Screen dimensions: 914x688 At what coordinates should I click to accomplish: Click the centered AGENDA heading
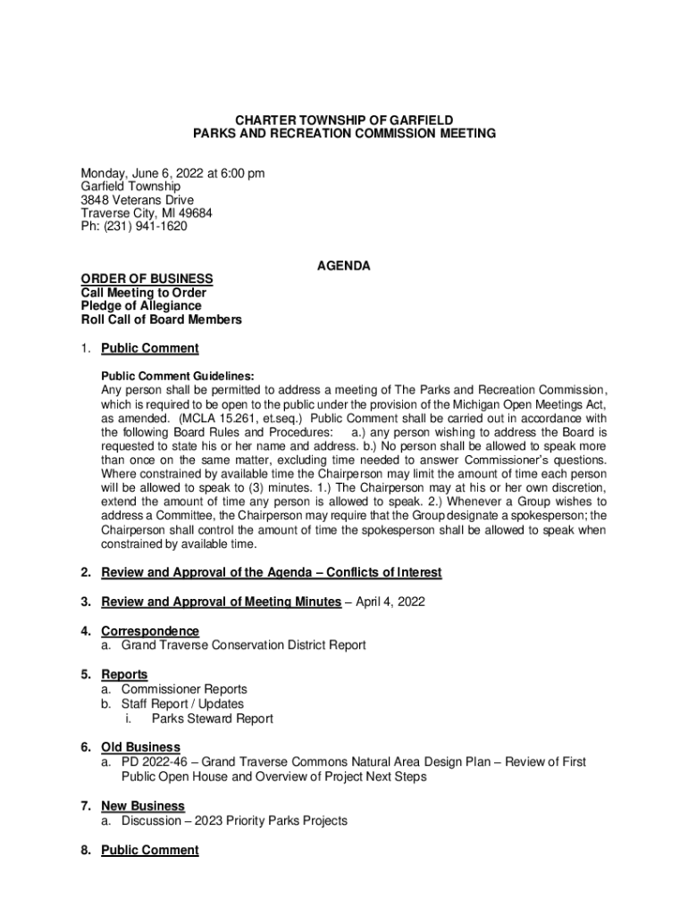344,266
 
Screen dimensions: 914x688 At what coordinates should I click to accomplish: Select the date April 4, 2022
389,602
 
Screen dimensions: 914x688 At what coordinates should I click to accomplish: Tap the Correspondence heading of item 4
150,631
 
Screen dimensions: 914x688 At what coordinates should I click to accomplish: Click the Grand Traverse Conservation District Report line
244,644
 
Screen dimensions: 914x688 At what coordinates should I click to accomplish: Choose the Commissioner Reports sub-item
184,689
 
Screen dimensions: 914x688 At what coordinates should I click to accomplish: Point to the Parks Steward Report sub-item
212,719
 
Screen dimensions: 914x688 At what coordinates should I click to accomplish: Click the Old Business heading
140,747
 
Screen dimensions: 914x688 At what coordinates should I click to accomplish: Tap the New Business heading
143,806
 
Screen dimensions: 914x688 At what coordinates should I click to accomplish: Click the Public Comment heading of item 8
150,851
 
